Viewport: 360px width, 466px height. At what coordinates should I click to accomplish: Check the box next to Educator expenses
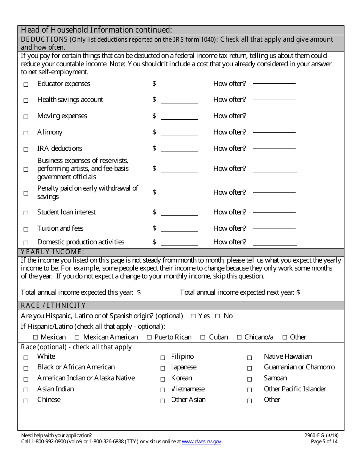click(x=26, y=84)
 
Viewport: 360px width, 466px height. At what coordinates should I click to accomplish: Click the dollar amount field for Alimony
click(x=179, y=133)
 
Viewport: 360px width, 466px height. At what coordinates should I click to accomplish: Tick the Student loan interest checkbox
click(x=26, y=213)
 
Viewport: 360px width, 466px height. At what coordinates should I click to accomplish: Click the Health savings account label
click(x=70, y=100)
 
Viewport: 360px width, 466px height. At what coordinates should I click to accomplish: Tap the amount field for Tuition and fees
click(x=179, y=229)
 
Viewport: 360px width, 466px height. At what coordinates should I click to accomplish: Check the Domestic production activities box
click(x=26, y=243)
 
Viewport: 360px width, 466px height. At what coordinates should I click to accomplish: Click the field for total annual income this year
click(x=156, y=293)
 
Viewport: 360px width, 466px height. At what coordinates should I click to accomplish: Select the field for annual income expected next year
click(x=321, y=293)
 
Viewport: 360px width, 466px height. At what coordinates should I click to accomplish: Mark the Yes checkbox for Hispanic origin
click(x=193, y=316)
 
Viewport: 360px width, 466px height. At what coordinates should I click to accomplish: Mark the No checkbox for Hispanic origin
click(x=218, y=316)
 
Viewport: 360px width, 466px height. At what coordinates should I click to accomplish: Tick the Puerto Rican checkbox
click(x=149, y=337)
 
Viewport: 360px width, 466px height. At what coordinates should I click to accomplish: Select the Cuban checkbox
click(x=203, y=337)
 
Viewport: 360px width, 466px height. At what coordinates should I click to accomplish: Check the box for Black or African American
click(x=26, y=368)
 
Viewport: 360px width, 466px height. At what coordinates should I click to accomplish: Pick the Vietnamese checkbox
click(x=163, y=390)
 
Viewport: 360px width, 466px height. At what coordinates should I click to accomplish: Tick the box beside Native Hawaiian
click(x=249, y=358)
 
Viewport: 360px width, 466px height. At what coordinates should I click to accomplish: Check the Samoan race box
click(x=249, y=379)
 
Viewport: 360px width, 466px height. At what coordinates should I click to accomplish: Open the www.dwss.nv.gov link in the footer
click(x=201, y=442)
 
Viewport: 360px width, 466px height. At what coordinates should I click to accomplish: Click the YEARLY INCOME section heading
click(x=52, y=252)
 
